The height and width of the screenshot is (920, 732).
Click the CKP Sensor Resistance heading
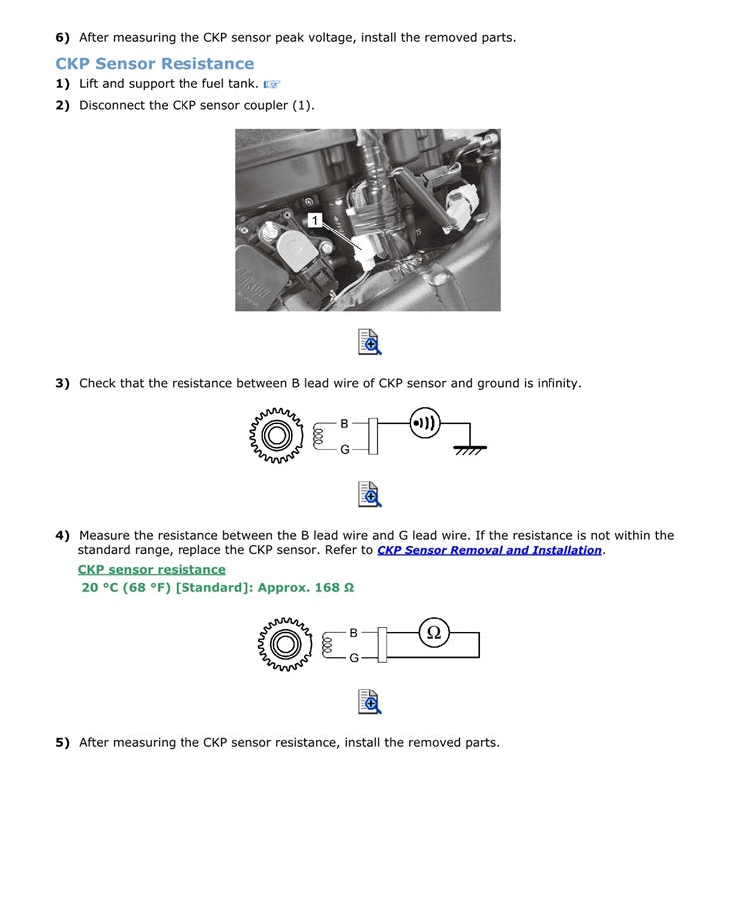[x=155, y=64]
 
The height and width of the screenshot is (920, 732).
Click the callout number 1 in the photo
[x=315, y=220]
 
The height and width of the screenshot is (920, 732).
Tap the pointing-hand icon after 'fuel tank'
[x=272, y=85]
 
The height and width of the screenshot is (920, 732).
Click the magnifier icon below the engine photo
[x=369, y=341]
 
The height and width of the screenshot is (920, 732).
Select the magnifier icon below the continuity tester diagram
[x=369, y=494]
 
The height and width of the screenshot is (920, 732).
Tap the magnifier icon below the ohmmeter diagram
[x=369, y=701]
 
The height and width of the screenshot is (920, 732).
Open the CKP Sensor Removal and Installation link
[x=489, y=550]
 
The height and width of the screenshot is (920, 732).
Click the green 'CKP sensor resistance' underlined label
[x=152, y=570]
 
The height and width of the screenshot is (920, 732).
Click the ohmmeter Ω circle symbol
[x=433, y=633]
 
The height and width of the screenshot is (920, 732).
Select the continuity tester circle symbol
[x=424, y=423]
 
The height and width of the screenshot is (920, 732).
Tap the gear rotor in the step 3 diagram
[x=276, y=436]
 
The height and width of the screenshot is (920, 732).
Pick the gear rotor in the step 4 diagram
[x=285, y=644]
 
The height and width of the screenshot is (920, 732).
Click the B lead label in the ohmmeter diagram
[x=353, y=633]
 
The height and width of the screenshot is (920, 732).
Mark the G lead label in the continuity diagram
[x=345, y=450]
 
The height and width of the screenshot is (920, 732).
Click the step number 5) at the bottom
[x=62, y=743]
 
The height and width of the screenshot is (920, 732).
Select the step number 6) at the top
[x=62, y=38]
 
